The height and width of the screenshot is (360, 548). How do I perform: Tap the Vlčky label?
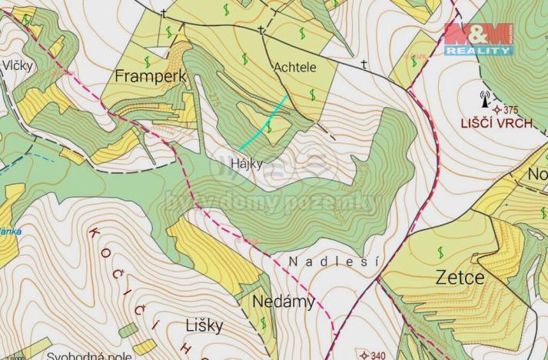(18, 66)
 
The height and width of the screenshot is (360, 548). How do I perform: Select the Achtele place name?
(295, 68)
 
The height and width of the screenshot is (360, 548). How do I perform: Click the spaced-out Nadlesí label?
(334, 262)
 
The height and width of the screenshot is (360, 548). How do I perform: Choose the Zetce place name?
(460, 277)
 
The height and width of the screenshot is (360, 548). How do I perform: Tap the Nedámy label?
(283, 302)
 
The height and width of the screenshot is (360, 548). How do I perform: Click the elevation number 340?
(378, 355)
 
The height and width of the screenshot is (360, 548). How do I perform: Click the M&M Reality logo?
(477, 38)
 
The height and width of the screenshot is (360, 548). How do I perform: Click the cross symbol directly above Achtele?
(261, 32)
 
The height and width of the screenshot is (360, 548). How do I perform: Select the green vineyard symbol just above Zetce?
(441, 252)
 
